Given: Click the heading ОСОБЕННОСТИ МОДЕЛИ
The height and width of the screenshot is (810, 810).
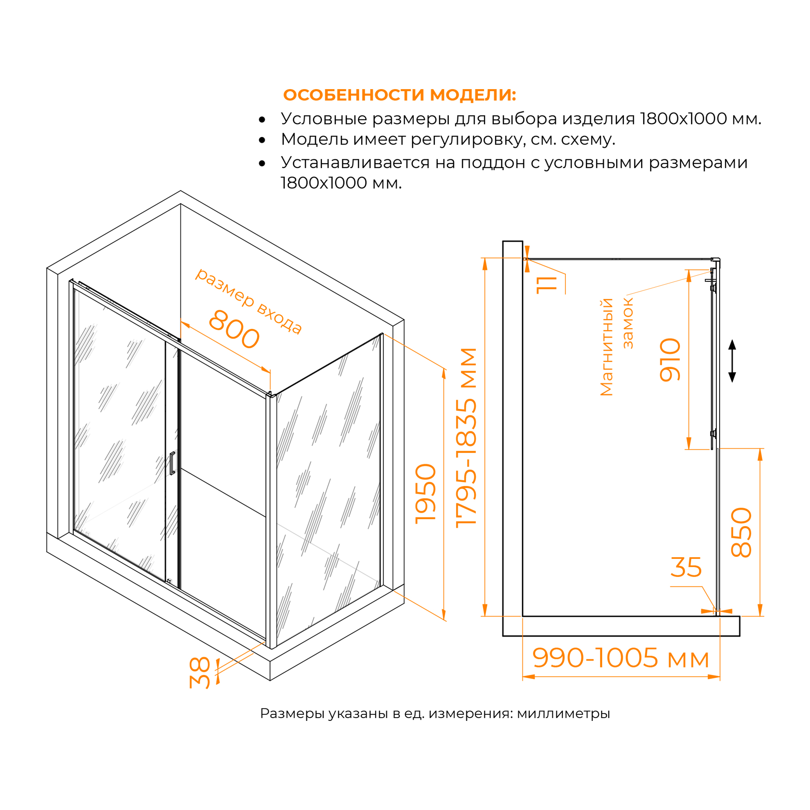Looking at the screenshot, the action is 400,95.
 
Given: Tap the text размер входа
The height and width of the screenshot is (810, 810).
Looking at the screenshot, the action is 249,301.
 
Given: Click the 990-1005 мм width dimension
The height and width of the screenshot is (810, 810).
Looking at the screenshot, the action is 620,658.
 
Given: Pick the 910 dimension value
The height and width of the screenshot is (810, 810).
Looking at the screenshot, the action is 670,360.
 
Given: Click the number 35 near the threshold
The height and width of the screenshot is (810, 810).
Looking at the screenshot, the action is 686,567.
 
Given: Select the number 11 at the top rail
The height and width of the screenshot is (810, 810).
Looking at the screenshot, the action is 547,285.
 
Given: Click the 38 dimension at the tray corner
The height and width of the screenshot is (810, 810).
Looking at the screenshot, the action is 200,673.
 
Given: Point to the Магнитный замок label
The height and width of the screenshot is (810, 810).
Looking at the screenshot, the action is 616,347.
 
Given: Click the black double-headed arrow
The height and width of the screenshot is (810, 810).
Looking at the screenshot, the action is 732,361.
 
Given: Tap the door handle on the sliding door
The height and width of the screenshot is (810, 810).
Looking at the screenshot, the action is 172,463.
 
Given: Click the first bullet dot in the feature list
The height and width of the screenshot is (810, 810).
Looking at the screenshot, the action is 262,120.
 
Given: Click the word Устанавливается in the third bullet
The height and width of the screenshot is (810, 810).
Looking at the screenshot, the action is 356,162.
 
